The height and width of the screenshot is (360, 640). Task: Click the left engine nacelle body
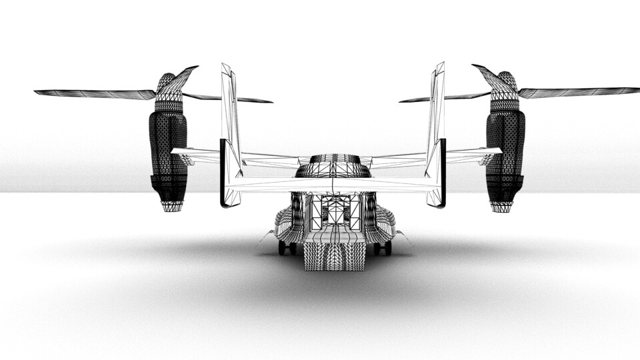pyautogui.click(x=168, y=150)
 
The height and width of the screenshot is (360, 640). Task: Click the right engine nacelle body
pyautogui.click(x=505, y=150)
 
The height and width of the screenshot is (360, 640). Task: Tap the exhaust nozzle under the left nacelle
pyautogui.click(x=172, y=206)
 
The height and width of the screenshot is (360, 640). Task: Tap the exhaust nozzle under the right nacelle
pyautogui.click(x=501, y=206)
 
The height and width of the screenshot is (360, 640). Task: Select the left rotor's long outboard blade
pyautogui.click(x=93, y=93)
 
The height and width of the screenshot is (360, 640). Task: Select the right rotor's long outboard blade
pyautogui.click(x=580, y=91)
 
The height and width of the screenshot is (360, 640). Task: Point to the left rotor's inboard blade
pyautogui.click(x=230, y=99)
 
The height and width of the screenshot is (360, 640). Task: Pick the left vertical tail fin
pyautogui.click(x=231, y=133)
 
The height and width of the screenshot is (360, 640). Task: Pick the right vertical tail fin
pyautogui.click(x=436, y=133)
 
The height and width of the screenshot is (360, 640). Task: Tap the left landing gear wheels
pyautogui.click(x=287, y=248)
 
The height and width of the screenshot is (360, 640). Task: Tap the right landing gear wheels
pyautogui.click(x=383, y=248)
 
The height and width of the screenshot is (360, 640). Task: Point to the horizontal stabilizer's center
pyautogui.click(x=333, y=184)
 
